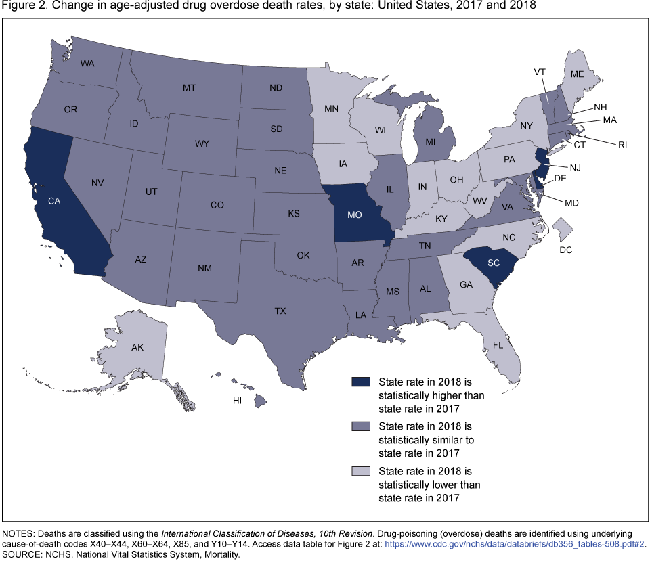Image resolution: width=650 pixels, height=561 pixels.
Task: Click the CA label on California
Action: tap(54, 201)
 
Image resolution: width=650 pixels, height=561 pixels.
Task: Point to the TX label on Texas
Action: tap(280, 311)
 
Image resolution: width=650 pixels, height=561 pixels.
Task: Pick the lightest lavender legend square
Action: tap(357, 472)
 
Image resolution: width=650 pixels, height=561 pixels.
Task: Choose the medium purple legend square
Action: tap(357, 427)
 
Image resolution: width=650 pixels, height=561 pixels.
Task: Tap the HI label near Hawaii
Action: tap(237, 401)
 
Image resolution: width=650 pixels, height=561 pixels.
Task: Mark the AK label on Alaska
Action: tap(137, 347)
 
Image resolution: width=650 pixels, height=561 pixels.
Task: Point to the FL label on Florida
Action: tap(498, 344)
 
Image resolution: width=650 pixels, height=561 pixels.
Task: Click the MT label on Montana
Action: tap(190, 87)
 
